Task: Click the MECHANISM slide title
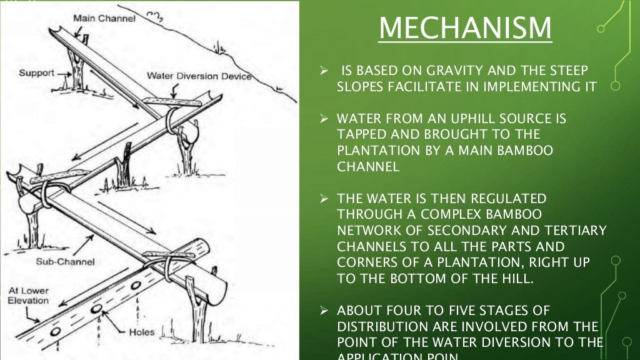point(465,27)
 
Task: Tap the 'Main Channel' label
point(104,18)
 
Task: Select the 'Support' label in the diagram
point(36,73)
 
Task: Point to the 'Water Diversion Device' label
point(199,76)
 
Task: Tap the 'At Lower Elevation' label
point(28,296)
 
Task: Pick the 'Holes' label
point(141,332)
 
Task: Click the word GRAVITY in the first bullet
point(452,71)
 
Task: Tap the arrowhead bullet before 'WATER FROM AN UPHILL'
point(324,118)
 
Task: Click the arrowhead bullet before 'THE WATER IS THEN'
point(324,198)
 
